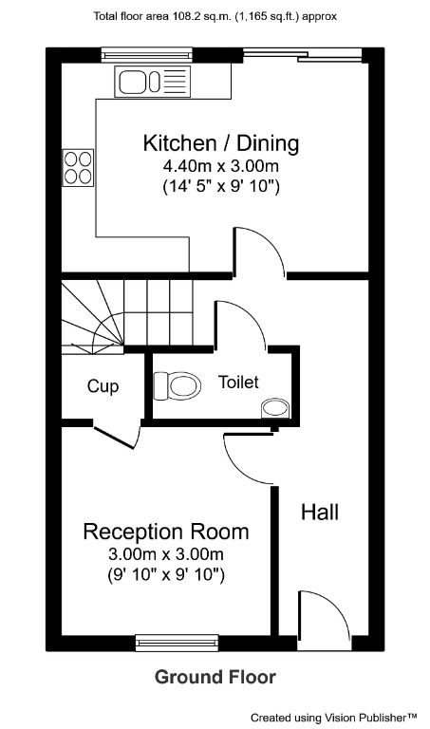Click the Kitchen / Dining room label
220,144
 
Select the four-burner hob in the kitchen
78,167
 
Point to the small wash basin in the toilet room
275,408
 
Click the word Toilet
238,383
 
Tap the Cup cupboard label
103,386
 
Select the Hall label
320,513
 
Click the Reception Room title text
166,532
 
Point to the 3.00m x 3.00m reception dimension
166,554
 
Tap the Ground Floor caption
215,677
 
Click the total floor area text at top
215,16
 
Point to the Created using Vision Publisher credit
334,717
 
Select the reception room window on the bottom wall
179,643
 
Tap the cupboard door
118,438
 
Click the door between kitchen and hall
258,252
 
